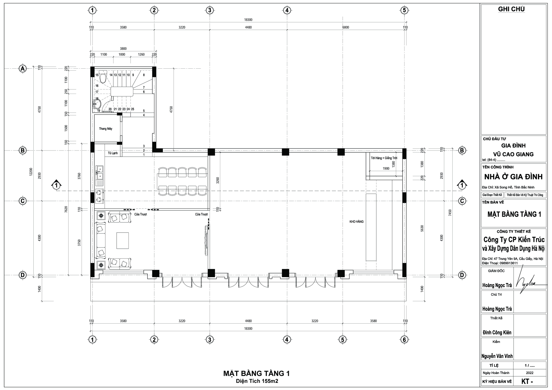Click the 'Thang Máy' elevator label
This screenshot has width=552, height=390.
[106, 129]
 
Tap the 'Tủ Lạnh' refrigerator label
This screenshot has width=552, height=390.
[113, 153]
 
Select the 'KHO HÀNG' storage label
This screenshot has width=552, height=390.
[356, 221]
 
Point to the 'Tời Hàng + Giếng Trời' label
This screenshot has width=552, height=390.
[384, 158]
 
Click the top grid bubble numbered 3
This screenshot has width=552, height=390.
[210, 10]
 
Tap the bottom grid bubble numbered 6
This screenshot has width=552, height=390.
[404, 340]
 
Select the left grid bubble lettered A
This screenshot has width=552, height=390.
[22, 69]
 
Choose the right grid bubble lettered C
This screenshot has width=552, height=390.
[462, 201]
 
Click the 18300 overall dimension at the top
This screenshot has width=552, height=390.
[248, 20]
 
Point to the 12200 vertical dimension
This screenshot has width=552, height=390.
[31, 172]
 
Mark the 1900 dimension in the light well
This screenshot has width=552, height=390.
[386, 169]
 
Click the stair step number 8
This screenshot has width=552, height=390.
[144, 75]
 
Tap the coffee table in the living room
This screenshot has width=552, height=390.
[122, 240]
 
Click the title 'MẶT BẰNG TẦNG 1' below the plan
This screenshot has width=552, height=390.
[256, 373]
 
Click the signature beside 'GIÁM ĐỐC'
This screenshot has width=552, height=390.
[528, 279]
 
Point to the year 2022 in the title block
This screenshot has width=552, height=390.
[529, 373]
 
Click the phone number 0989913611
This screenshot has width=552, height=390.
[509, 263]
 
